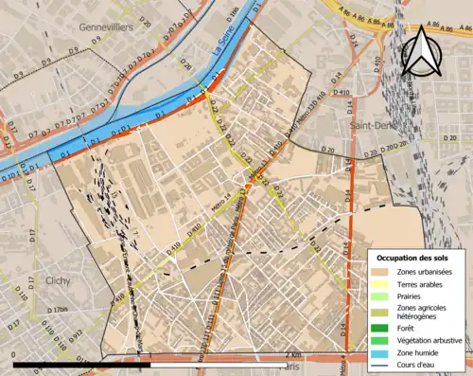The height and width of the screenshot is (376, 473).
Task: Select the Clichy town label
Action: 59,280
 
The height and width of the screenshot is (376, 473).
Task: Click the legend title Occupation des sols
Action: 414,257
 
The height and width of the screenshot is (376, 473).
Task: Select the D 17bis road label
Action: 57,311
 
